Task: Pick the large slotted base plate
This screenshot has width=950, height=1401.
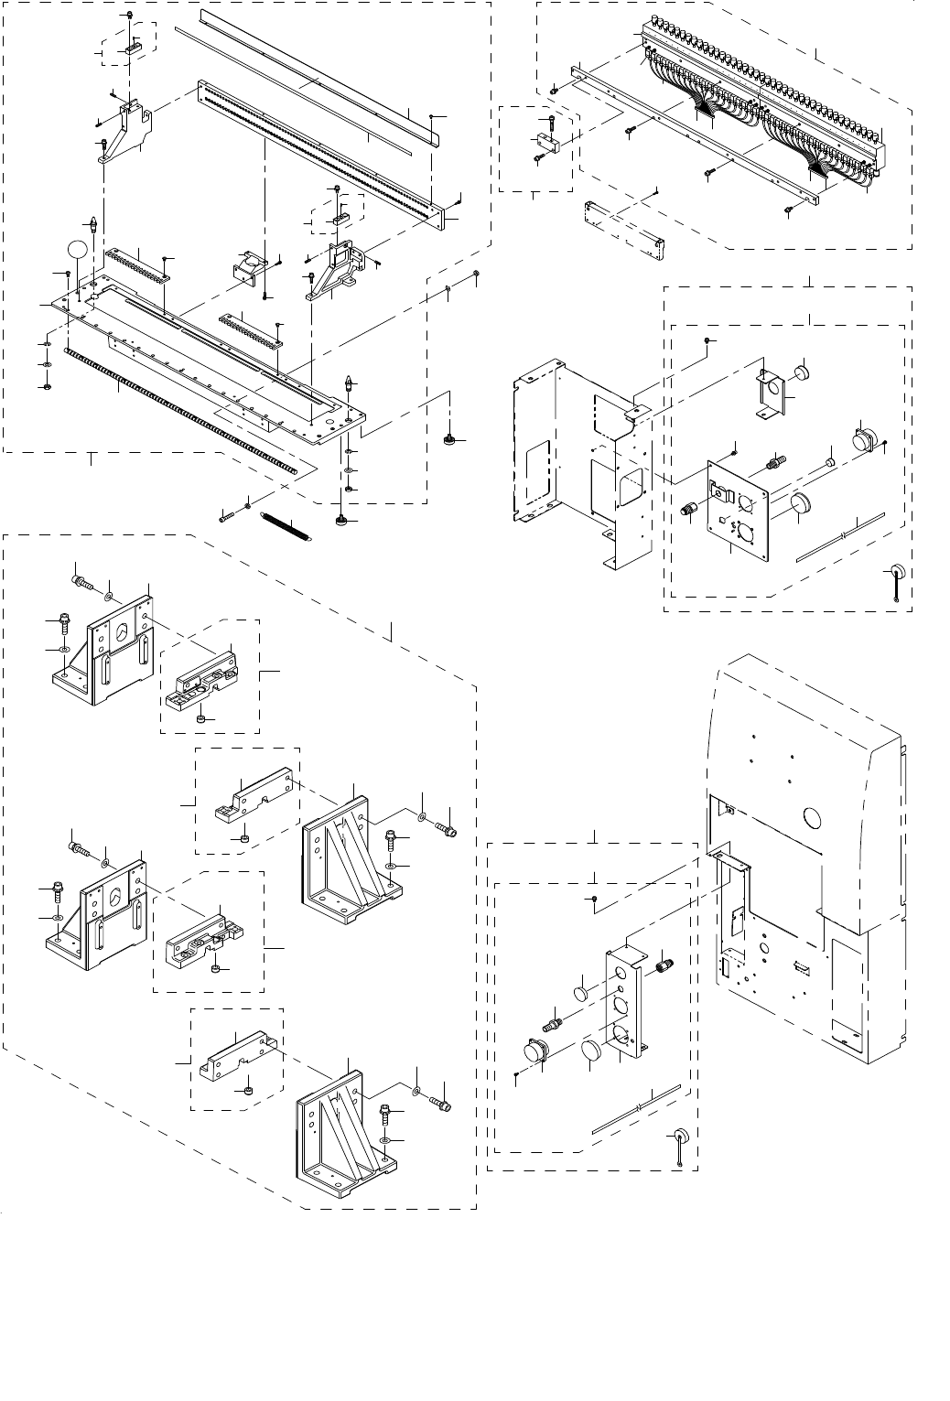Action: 211,366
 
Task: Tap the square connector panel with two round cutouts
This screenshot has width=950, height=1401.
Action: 737,508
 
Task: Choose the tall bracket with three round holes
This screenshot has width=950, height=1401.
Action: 627,1002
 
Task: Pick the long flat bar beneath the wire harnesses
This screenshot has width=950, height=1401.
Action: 696,137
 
